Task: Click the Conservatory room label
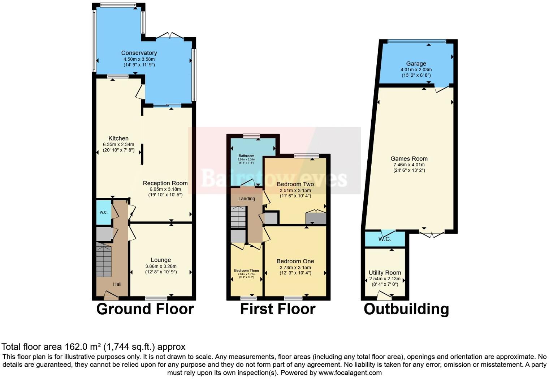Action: (x=139, y=53)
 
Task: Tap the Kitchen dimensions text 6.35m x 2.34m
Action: (x=118, y=144)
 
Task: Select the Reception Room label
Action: (x=165, y=183)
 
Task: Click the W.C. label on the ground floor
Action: (x=103, y=212)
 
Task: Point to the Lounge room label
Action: (x=161, y=260)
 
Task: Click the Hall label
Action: (x=117, y=284)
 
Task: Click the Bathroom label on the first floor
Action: (x=246, y=156)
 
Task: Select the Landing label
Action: (x=247, y=199)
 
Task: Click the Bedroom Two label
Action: (x=295, y=184)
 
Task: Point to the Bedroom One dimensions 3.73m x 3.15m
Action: (x=295, y=268)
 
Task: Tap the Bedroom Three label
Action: (x=246, y=271)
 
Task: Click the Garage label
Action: (x=416, y=64)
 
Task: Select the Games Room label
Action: (x=409, y=158)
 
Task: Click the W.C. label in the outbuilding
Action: (x=385, y=239)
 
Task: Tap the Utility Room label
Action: (x=385, y=273)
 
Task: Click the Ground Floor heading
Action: (x=145, y=309)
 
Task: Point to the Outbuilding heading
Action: (x=406, y=309)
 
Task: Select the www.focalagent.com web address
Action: (x=350, y=372)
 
